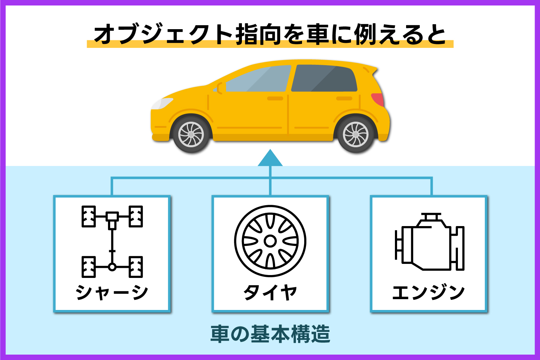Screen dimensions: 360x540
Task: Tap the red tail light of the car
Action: pyautogui.click(x=378, y=99)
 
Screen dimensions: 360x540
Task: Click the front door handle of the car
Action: pyautogui.click(x=275, y=98)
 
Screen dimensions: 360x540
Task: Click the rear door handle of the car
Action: pyautogui.click(x=344, y=98)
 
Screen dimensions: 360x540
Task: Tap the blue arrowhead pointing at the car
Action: pyautogui.click(x=270, y=159)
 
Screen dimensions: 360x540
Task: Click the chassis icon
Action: pyautogui.click(x=112, y=241)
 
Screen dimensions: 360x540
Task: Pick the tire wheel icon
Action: pyautogui.click(x=270, y=241)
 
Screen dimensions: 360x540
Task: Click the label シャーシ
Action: pyautogui.click(x=112, y=292)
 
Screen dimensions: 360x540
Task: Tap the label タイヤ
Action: pyautogui.click(x=270, y=292)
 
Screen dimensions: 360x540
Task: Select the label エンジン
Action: pyautogui.click(x=428, y=292)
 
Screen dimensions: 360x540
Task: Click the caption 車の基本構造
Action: pyautogui.click(x=270, y=334)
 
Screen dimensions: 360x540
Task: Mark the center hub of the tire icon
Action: pyautogui.click(x=270, y=241)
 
